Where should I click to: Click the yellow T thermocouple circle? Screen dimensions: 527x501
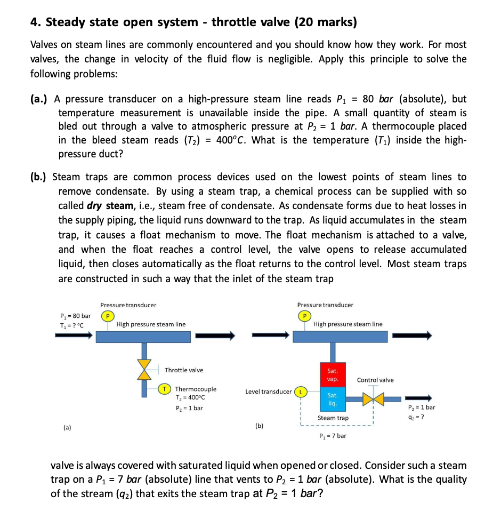point(166,389)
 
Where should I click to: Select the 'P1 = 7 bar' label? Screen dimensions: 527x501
point(332,436)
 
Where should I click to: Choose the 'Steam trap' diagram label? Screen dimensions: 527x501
point(333,418)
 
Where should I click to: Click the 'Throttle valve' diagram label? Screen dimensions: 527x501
point(184,370)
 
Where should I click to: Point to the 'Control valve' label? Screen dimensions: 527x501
point(375,380)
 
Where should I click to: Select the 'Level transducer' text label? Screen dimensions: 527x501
point(268,392)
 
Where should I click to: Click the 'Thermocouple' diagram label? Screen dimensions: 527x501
point(196,389)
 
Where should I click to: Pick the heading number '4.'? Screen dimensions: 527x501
point(36,22)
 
